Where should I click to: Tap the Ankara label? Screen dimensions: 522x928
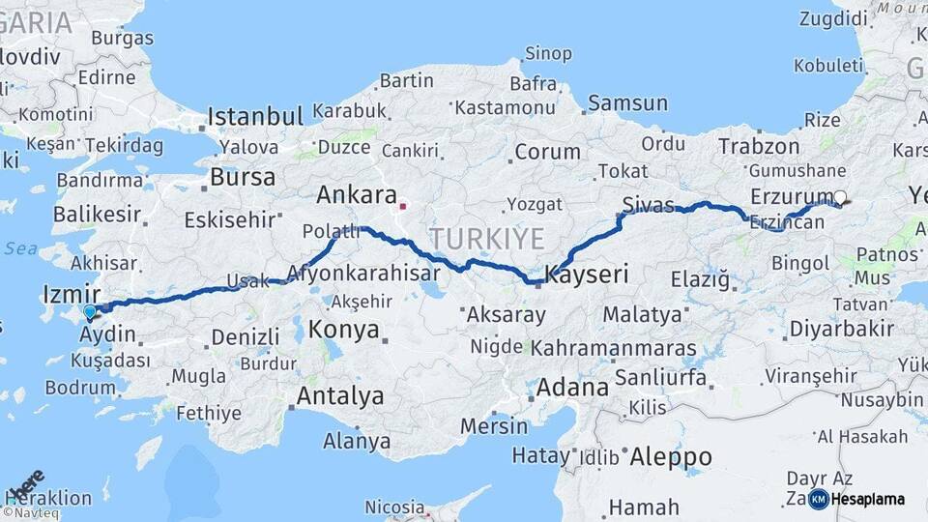357,195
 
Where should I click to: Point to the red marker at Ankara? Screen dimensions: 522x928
403,205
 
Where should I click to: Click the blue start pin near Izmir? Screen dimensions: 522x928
90,311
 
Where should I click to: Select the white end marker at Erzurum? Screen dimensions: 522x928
839,197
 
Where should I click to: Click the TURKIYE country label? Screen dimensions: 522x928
487,238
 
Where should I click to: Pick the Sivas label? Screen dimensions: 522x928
647,205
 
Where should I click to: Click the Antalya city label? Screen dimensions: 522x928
339,395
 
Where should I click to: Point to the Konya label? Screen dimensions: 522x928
343,331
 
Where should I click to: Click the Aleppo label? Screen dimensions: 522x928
670,456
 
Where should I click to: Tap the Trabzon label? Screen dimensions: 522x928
759,147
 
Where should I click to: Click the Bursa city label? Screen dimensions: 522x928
243,178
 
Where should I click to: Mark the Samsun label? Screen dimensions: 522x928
627,102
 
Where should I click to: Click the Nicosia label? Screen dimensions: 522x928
394,507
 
